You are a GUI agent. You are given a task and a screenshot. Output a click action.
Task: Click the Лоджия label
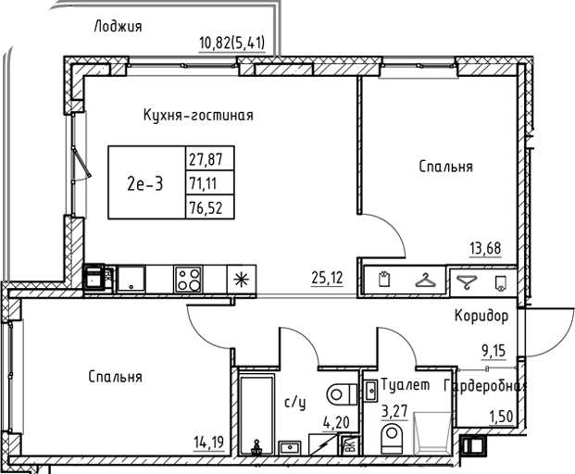tap(118, 26)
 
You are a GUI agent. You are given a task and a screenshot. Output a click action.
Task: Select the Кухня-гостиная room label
tap(198, 116)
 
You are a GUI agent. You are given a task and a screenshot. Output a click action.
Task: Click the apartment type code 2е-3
tap(144, 182)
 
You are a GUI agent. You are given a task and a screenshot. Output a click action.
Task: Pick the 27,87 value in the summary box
tap(206, 158)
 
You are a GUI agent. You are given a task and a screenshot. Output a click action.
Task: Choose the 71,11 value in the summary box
tap(206, 182)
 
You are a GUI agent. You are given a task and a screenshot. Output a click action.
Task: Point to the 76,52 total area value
tap(206, 206)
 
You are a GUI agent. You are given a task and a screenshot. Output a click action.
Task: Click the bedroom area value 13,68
tap(486, 247)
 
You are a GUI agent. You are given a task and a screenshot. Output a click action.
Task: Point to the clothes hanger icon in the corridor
tap(425, 279)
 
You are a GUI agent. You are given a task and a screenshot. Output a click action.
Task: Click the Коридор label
tap(481, 317)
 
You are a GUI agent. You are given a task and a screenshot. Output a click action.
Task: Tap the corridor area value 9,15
tap(493, 351)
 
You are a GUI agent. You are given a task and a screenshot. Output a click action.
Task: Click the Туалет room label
tap(406, 385)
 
